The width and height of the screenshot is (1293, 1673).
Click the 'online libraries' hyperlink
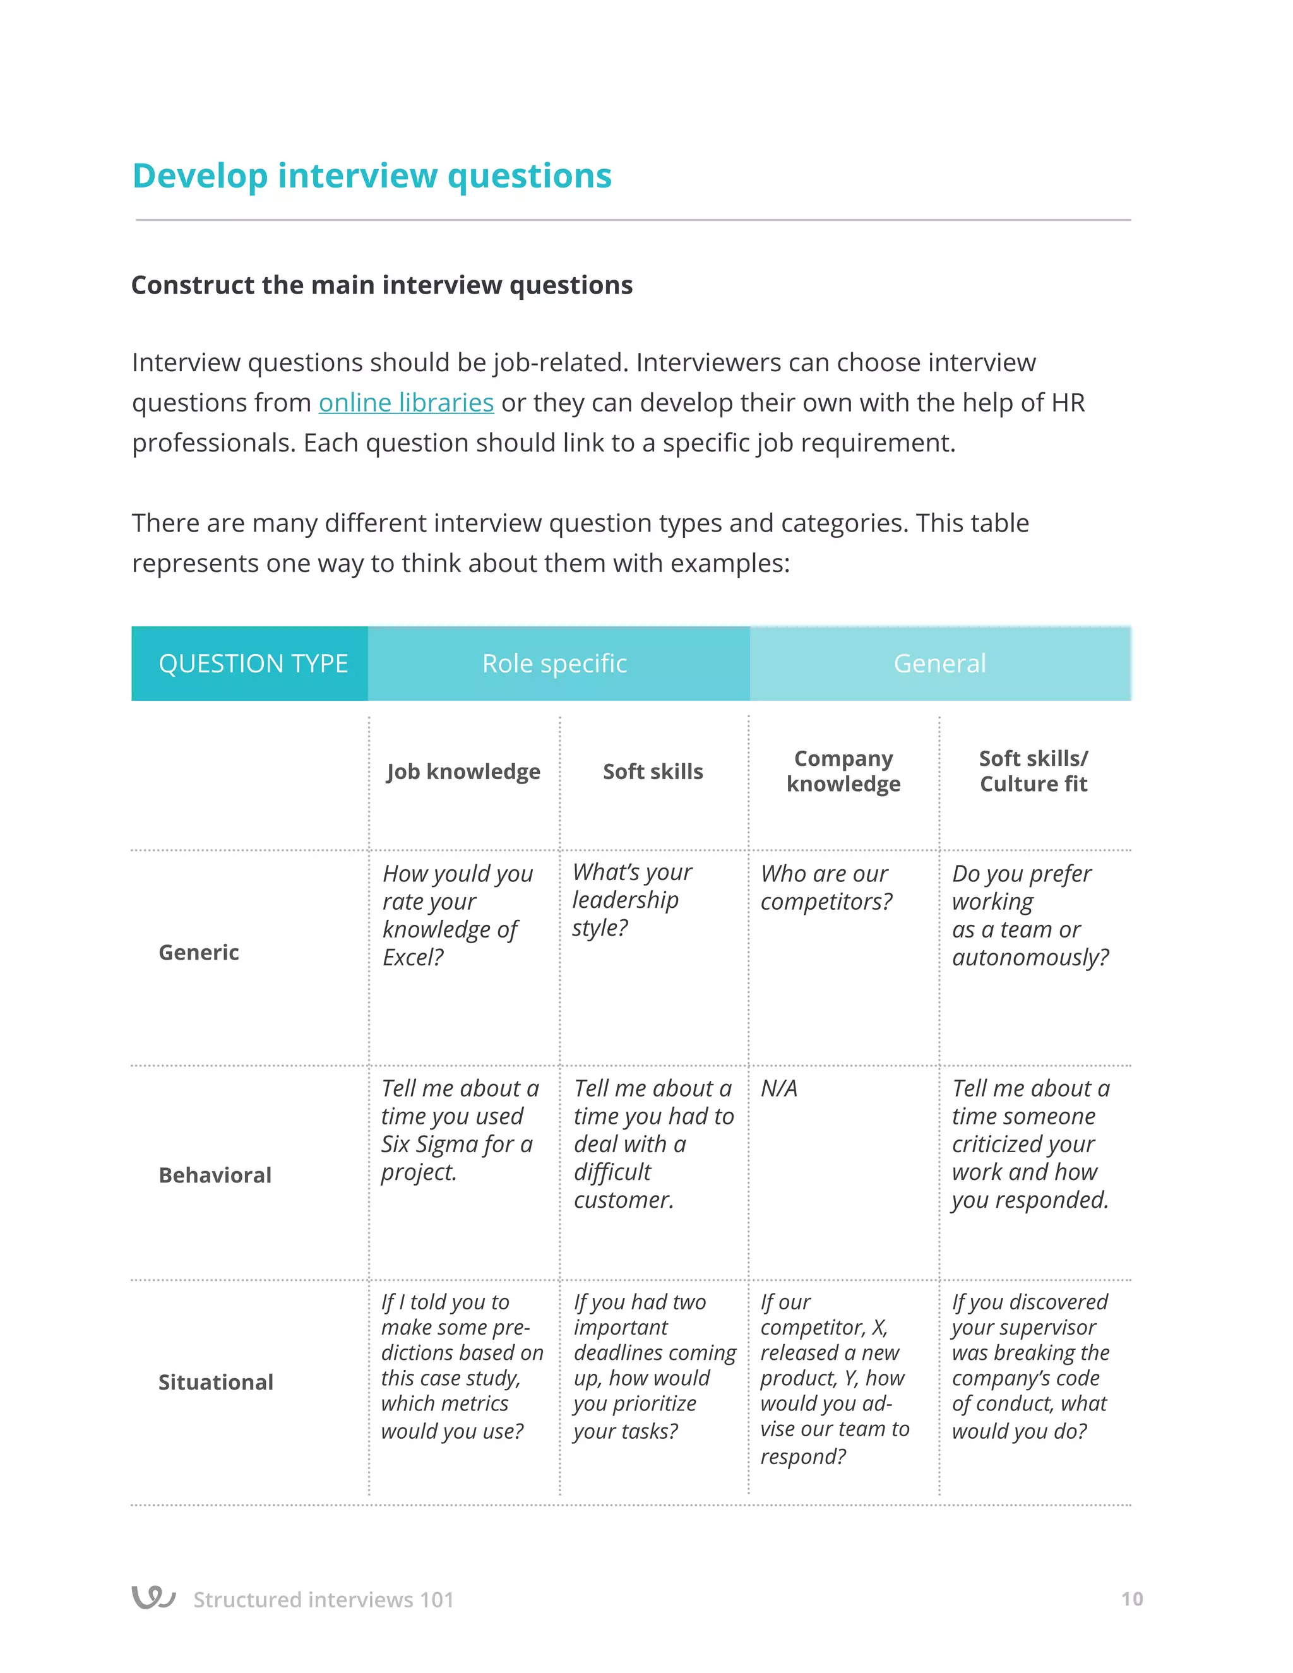pyautogui.click(x=406, y=403)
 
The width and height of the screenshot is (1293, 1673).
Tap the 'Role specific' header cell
pyautogui.click(x=554, y=664)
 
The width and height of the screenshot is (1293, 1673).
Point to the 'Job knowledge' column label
pyautogui.click(x=463, y=771)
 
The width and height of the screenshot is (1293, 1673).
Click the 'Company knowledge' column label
pyautogui.click(x=843, y=771)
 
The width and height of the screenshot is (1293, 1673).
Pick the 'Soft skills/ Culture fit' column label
pyautogui.click(x=1034, y=771)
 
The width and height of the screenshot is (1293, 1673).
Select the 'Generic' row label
pyautogui.click(x=198, y=952)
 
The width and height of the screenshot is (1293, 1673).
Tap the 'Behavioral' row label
pyautogui.click(x=215, y=1175)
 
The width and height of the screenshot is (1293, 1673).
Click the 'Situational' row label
pyautogui.click(x=215, y=1382)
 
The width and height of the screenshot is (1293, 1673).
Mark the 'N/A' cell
pyautogui.click(x=779, y=1088)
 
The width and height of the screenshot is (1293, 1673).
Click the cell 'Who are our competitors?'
pyautogui.click(x=826, y=888)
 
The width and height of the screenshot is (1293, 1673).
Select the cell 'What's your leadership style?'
pyautogui.click(x=631, y=900)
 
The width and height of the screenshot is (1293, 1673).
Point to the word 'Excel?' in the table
pyautogui.click(x=413, y=958)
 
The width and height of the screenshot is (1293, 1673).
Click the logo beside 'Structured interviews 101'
pyautogui.click(x=154, y=1597)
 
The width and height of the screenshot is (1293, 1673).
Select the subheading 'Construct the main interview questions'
pyautogui.click(x=381, y=285)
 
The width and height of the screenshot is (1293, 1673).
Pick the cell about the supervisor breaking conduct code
pyautogui.click(x=1030, y=1366)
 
